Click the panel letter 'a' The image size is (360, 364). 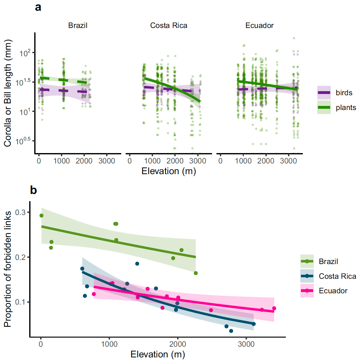tap(38, 7)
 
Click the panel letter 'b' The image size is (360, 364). tap(34, 190)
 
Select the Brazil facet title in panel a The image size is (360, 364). tap(78, 25)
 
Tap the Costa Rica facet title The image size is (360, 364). tap(169, 25)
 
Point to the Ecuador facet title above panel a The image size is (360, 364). tap(259, 25)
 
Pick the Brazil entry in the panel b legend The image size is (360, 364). tap(328, 262)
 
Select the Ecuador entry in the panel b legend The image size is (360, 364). tap(333, 291)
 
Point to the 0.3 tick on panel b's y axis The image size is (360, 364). tap(20, 212)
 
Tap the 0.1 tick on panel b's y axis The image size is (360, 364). tap(20, 302)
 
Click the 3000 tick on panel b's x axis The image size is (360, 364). tap(246, 344)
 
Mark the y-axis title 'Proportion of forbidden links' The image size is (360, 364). tap(8, 269)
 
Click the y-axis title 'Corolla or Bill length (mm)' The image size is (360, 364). tap(8, 93)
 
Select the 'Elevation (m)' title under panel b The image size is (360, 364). tap(158, 355)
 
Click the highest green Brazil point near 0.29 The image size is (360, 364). tap(41, 216)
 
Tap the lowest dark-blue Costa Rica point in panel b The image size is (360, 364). tap(231, 331)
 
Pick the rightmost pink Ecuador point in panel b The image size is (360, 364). tap(274, 308)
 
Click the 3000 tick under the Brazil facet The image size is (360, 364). tap(106, 161)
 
